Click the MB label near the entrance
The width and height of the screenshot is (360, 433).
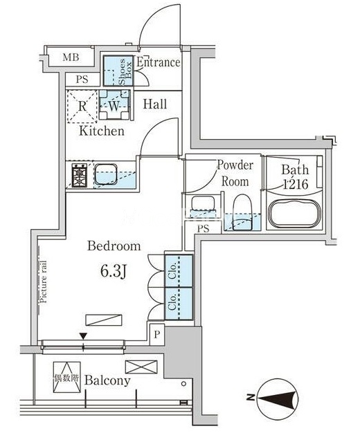(71, 57)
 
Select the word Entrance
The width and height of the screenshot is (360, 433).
(158, 62)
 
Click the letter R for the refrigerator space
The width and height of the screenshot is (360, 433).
(82, 106)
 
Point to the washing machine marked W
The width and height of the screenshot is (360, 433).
(114, 104)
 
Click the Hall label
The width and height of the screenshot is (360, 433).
(155, 104)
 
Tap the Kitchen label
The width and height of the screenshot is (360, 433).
(102, 131)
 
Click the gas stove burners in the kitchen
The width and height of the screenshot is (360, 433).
(80, 176)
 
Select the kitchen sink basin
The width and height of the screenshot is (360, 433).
(106, 174)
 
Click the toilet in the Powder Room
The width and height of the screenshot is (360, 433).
(242, 212)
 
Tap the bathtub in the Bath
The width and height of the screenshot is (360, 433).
(295, 213)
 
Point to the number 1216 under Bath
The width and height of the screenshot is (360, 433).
(296, 184)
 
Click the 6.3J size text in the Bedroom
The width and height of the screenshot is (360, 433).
(114, 272)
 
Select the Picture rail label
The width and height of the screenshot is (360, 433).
(44, 282)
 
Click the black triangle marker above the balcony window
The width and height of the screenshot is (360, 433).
(83, 336)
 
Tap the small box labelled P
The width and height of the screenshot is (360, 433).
(157, 334)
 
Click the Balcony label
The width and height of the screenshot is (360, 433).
(107, 380)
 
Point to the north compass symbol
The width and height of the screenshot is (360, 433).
(278, 398)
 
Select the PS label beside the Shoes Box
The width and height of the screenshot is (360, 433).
(82, 80)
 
